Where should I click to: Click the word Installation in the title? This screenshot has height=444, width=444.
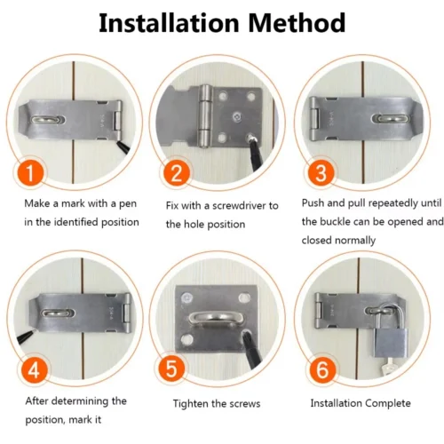tap(170, 23)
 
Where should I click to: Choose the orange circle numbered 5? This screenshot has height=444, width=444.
tap(177, 366)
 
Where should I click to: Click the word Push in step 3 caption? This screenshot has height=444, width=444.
tap(313, 203)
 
